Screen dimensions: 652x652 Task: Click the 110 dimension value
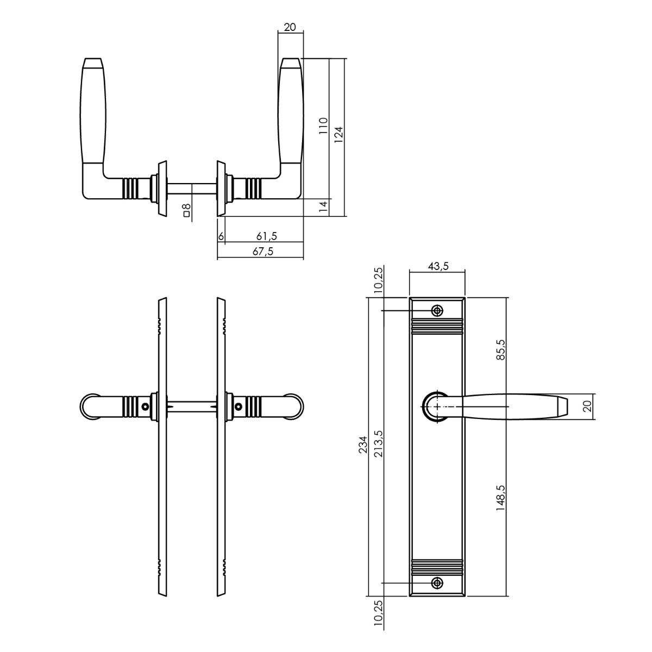[x=323, y=126]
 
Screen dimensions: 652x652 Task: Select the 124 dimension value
[x=338, y=134]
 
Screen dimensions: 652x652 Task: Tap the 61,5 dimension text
[x=267, y=236]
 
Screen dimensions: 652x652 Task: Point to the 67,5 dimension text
[x=263, y=252]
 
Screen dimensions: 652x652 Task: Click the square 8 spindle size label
[x=186, y=210]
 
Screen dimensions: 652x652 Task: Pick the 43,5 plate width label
[x=438, y=266]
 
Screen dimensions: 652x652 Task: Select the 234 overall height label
[x=363, y=444]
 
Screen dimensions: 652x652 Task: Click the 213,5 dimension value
[x=379, y=444]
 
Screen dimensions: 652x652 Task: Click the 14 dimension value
[x=323, y=206]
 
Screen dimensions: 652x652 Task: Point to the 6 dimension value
[x=221, y=236]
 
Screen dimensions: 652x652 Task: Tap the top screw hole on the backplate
[x=437, y=311]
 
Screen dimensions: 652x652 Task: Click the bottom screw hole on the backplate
[x=437, y=583]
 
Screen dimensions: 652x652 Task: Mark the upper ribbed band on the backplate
[x=437, y=327]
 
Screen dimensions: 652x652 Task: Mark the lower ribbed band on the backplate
[x=437, y=567]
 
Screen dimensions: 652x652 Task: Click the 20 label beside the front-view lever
[x=586, y=406]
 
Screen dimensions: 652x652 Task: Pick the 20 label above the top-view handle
[x=290, y=27]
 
